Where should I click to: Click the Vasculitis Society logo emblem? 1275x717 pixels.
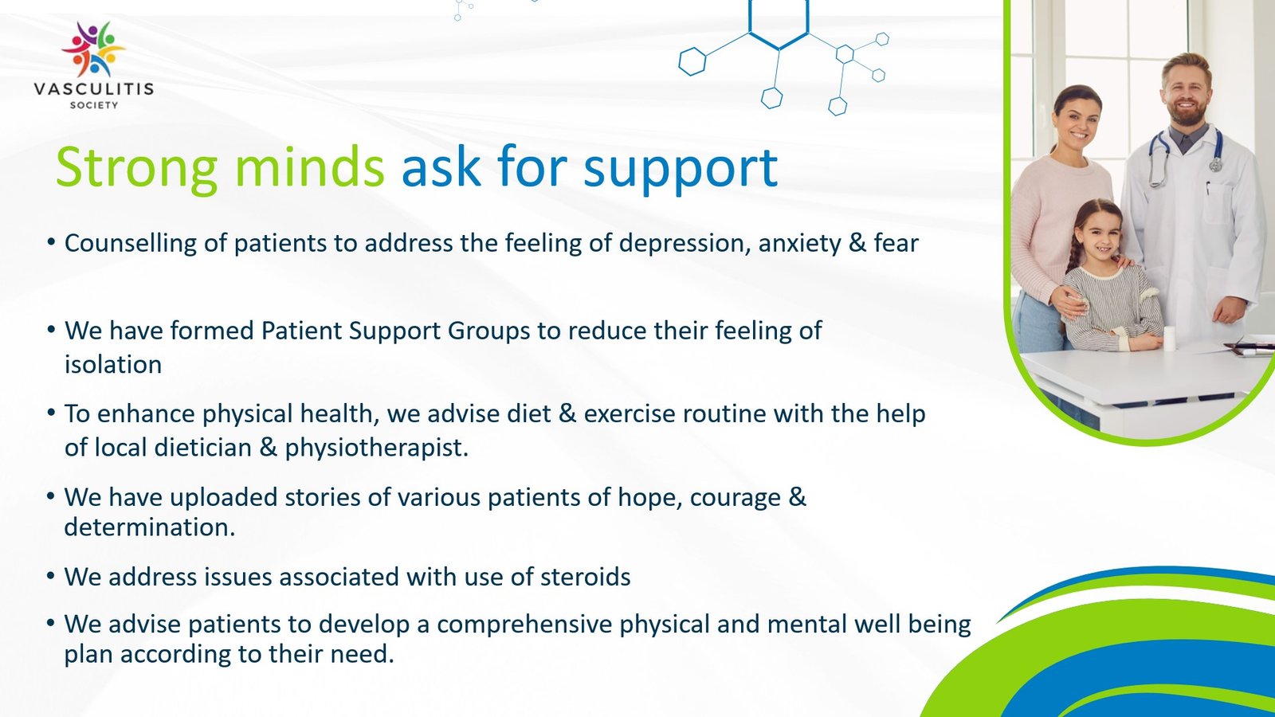coord(94,49)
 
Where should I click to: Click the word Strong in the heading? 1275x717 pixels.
coord(136,168)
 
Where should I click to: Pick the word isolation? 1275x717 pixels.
coord(113,365)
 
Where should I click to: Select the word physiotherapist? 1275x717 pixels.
coord(376,448)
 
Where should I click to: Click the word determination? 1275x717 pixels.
coord(149,527)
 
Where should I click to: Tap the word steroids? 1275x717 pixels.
coord(585,577)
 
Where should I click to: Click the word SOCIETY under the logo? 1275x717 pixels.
coord(94,105)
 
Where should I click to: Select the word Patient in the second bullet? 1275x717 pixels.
coord(301,331)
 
